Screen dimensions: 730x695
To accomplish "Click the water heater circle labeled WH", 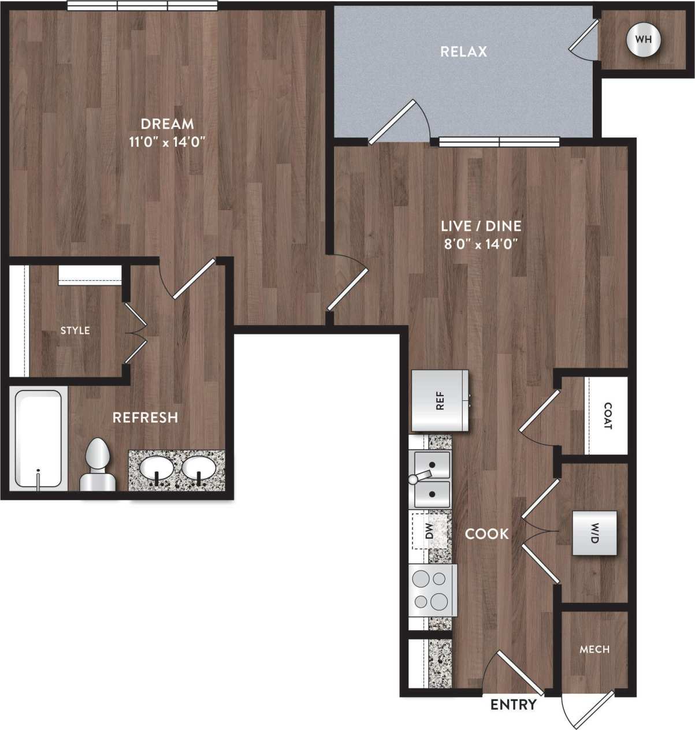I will pos(643,40).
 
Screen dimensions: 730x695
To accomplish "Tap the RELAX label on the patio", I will pos(464,51).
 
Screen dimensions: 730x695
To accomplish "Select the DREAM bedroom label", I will pos(167,124).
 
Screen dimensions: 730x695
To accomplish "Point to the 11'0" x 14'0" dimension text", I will pos(168,141).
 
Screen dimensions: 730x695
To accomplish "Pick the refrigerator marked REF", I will pos(440,400).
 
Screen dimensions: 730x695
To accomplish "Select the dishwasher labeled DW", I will pos(430,531).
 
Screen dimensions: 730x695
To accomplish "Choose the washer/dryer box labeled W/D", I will pos(594,533).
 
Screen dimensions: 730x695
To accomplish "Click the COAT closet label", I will pos(607,416).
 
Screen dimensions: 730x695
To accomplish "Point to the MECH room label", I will pos(594,649).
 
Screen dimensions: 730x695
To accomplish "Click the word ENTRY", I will pos(513,705).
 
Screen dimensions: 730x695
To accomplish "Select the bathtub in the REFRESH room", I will pos(38,439).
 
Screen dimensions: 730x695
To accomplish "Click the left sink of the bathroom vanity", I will pos(157,469).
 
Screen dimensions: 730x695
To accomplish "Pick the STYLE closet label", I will pos(75,330).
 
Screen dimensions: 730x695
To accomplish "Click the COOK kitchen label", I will pos(487,534).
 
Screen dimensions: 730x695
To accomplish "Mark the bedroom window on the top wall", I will pos(142,6).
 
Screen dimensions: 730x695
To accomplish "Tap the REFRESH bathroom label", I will pos(145,417).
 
